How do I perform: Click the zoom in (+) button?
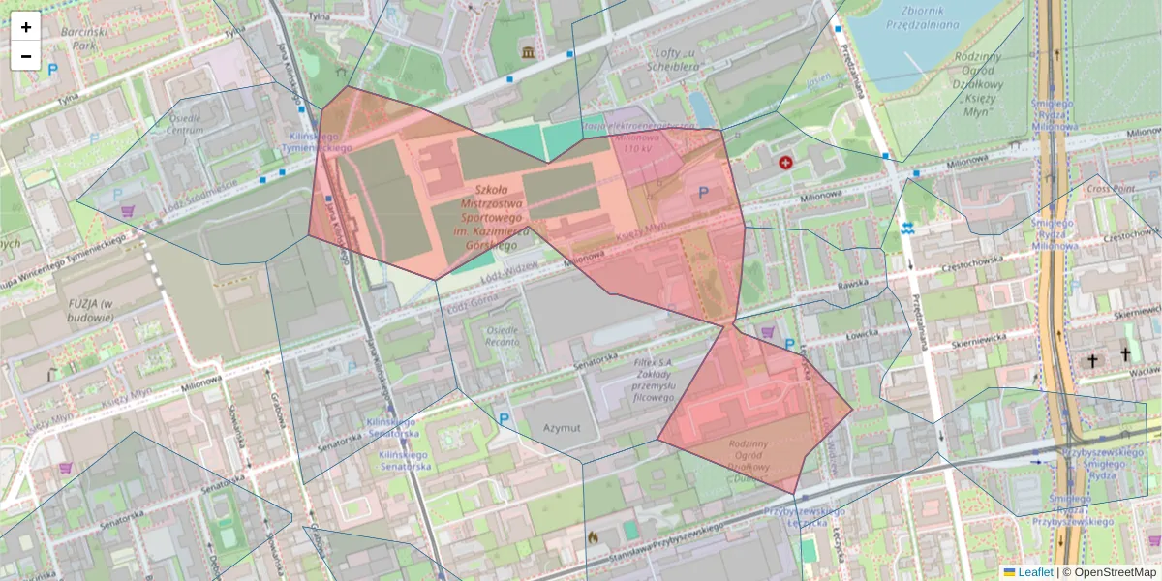pos(26,27)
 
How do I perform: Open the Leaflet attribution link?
pos(1034,572)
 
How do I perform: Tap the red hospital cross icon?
pos(785,163)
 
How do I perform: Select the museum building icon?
pos(528,51)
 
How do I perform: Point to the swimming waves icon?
pos(907,229)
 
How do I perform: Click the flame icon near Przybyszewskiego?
pos(593,535)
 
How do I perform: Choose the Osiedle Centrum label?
pos(186,123)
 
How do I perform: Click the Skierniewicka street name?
pos(1136,313)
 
